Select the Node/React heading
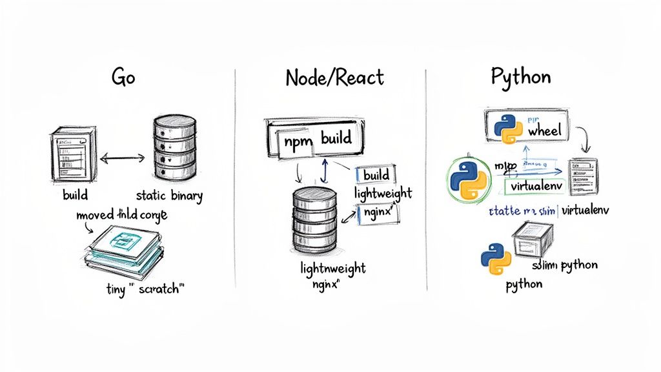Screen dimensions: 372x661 [x=334, y=77]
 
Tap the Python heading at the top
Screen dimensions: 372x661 [x=521, y=77]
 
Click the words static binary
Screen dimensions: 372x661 [x=170, y=195]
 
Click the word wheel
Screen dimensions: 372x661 [x=544, y=130]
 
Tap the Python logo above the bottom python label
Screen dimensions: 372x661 [x=496, y=260]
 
